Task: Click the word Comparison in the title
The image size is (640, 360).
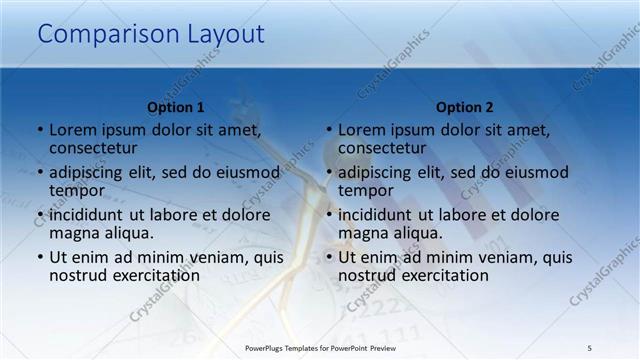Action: [109, 35]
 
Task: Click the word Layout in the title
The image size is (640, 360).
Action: [226, 35]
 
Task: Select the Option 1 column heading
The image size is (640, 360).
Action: [176, 107]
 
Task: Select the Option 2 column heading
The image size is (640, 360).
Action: [465, 107]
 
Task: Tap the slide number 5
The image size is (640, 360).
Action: [590, 348]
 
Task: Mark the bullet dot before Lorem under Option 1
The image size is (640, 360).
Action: [40, 131]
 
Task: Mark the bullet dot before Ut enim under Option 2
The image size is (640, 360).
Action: [329, 257]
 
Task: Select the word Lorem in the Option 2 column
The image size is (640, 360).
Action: [361, 130]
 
